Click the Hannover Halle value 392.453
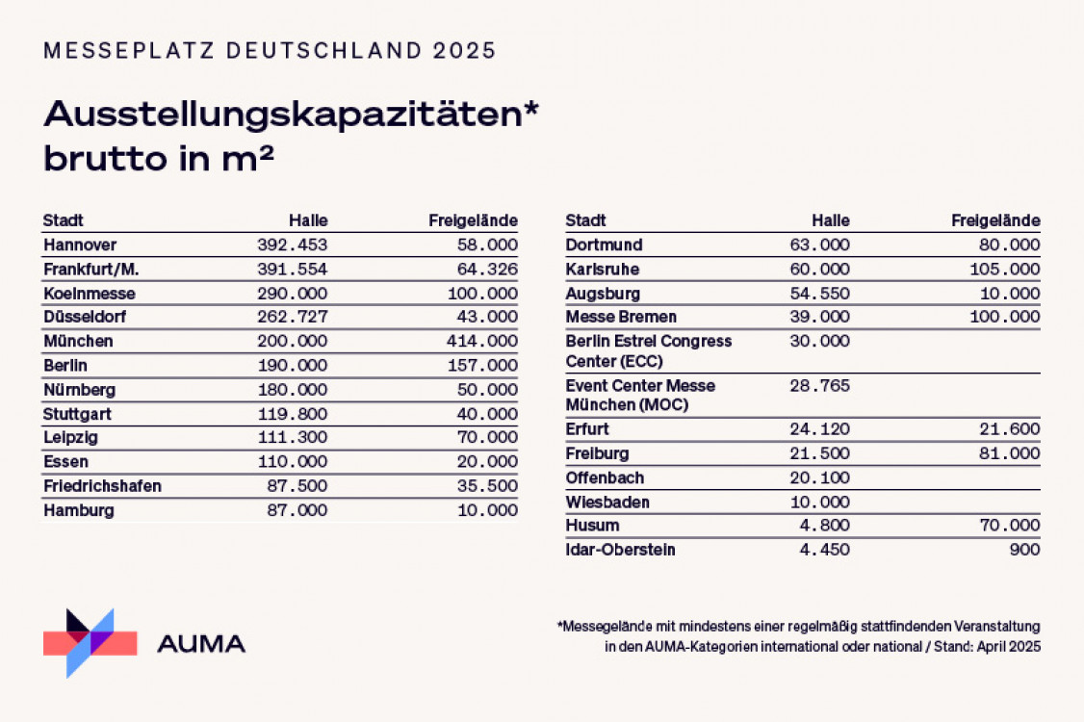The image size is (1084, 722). coord(292,245)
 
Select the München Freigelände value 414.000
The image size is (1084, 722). coord(482,342)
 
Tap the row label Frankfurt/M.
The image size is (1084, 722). coord(85,270)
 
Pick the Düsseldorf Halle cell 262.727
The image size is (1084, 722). coord(292,318)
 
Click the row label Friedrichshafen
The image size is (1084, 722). coord(102,486)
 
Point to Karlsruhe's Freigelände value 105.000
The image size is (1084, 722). coord(1005,270)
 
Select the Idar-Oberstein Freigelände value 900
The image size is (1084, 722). coord(1026,550)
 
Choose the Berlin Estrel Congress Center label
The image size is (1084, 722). coord(649,351)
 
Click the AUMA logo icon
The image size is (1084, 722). coord(90,642)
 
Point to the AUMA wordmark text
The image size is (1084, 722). coord(201,644)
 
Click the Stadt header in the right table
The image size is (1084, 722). coord(586,220)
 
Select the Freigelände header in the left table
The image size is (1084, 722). coord(473,220)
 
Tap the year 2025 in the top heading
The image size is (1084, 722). coord(464,50)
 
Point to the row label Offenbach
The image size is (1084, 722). coord(605,478)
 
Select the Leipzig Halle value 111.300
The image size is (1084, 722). coord(292,438)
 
